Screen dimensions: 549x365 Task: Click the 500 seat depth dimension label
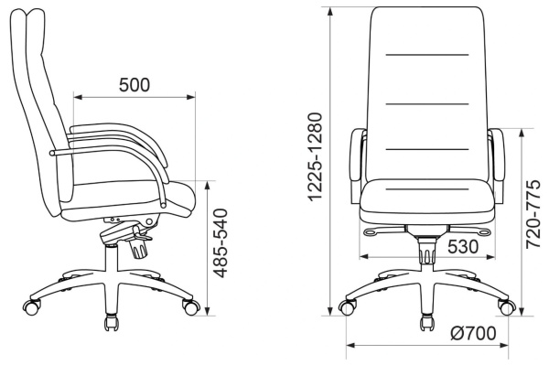coord(135,85)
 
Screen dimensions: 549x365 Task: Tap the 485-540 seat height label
coord(221,243)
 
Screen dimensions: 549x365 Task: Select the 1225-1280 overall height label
coord(314,156)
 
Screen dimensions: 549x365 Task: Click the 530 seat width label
coord(463,246)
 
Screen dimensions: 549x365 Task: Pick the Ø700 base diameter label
coord(473,333)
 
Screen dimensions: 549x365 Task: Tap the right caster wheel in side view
coord(191,306)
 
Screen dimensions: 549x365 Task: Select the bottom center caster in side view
coord(112,323)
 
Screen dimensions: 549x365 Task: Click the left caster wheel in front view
coord(347,308)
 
